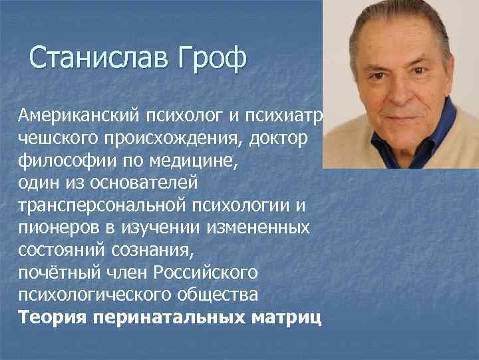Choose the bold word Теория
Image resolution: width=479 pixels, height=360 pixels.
pos(53,317)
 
